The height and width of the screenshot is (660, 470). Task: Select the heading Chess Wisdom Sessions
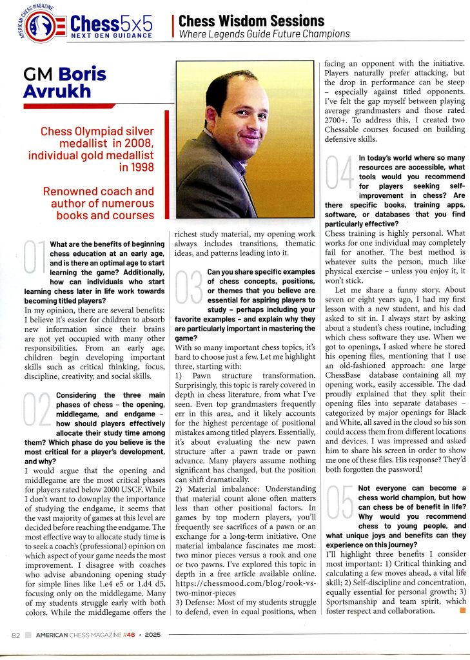coord(251,21)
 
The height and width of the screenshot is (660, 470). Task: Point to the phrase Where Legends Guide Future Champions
coord(264,34)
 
